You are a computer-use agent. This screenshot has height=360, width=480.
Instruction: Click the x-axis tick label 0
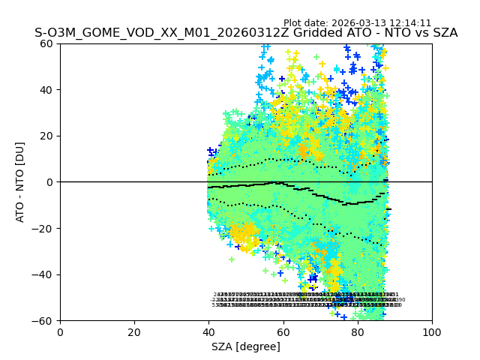coord(60,332)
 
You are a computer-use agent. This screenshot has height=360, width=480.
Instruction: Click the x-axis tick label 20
coord(134,332)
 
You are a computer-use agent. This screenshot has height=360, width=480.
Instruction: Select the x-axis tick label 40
coord(208,332)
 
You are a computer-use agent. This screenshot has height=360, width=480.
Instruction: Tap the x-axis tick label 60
coord(283,332)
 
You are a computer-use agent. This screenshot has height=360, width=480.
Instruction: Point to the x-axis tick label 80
coord(357,332)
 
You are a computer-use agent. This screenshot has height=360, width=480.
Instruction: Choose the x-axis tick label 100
coord(431,332)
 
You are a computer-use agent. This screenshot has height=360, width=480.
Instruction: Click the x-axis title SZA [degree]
coord(246,346)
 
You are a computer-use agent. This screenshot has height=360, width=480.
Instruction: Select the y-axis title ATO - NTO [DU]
coord(20,181)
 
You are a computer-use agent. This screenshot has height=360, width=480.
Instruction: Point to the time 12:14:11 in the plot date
coord(410,23)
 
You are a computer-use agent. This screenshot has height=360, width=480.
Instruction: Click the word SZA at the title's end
coord(444,33)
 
